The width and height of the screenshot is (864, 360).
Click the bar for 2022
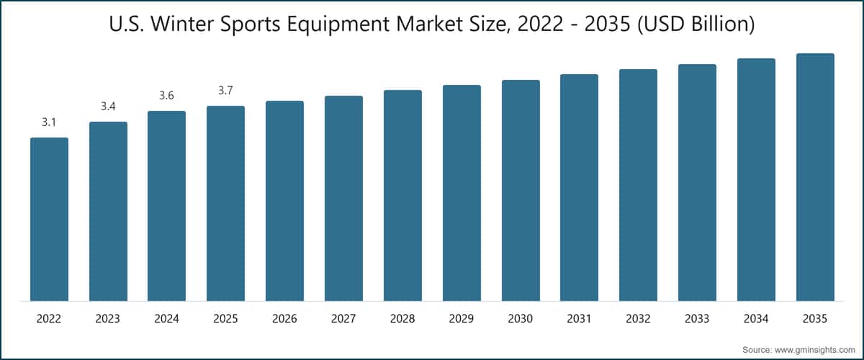click(49, 219)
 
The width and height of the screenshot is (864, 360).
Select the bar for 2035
click(815, 177)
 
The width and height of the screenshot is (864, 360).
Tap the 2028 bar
click(402, 195)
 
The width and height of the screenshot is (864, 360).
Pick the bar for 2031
click(579, 187)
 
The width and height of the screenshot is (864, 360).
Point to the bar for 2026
click(284, 201)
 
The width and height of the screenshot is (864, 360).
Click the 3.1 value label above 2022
click(49, 123)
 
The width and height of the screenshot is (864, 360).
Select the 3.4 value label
click(108, 107)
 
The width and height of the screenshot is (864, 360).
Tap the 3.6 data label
click(166, 96)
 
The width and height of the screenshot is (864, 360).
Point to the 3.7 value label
click(225, 91)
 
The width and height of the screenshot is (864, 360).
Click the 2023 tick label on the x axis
click(108, 318)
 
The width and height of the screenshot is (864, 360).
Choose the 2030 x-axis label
click(521, 318)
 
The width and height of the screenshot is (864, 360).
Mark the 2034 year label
click(756, 318)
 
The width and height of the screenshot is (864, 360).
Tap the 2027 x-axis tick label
click(343, 318)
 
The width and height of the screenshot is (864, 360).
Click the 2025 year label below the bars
click(225, 318)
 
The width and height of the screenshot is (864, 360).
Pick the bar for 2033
click(697, 182)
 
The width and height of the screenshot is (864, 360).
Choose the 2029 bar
click(462, 193)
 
